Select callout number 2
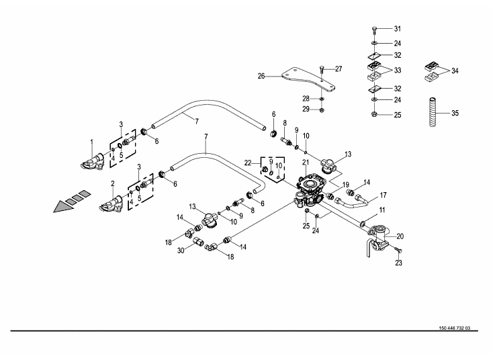coord(111,183)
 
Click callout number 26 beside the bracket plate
coord(262,76)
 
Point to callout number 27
coord(339,69)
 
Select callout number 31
coord(397,29)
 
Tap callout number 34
coord(455,71)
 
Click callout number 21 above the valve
coord(304,163)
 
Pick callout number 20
coord(400,236)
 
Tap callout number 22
coord(248,162)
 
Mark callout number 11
coord(382,210)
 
